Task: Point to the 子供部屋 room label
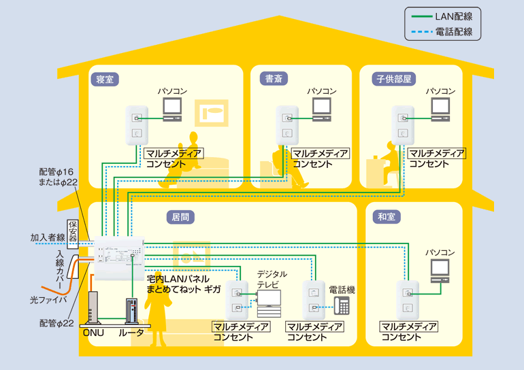[x=394, y=79]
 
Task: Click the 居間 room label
[x=180, y=217]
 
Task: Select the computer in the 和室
[x=440, y=270]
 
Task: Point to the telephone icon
[x=341, y=305]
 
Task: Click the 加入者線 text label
[x=48, y=238]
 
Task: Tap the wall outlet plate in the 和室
[x=408, y=300]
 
